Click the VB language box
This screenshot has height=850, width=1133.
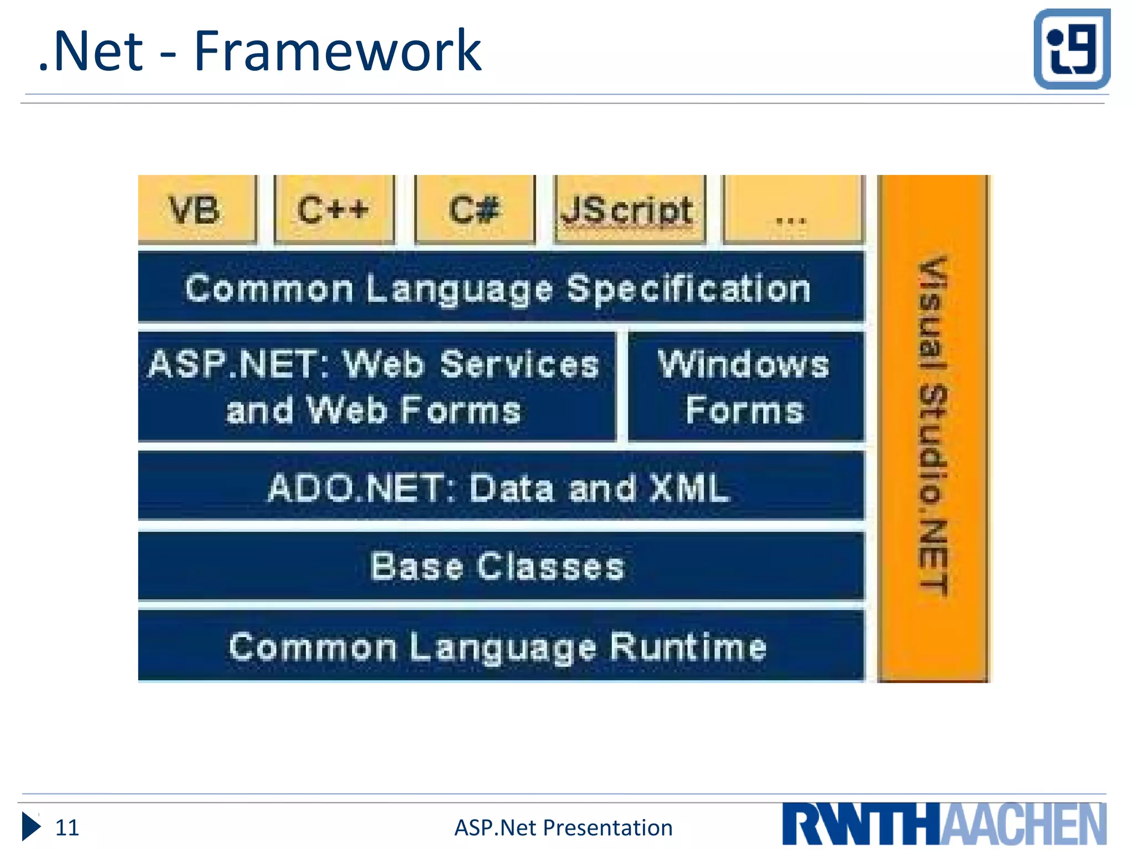197,210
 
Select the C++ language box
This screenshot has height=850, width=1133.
334,210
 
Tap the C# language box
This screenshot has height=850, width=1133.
475,210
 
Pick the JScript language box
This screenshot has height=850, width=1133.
630,210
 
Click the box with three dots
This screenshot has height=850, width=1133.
792,210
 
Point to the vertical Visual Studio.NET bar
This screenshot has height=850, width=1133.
933,427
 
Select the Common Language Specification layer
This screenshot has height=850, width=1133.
500,288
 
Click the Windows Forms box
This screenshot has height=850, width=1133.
745,386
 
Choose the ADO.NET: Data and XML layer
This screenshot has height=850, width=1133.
500,487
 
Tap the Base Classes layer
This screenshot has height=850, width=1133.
500,566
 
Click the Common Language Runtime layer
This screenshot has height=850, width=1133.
500,646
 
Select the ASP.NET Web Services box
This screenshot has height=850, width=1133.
376,386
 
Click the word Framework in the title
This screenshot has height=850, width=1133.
337,51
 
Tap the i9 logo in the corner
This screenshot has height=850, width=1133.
1072,49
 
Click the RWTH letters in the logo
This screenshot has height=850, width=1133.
861,825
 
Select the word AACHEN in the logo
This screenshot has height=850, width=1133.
1023,825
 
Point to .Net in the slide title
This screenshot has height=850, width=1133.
92,51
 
